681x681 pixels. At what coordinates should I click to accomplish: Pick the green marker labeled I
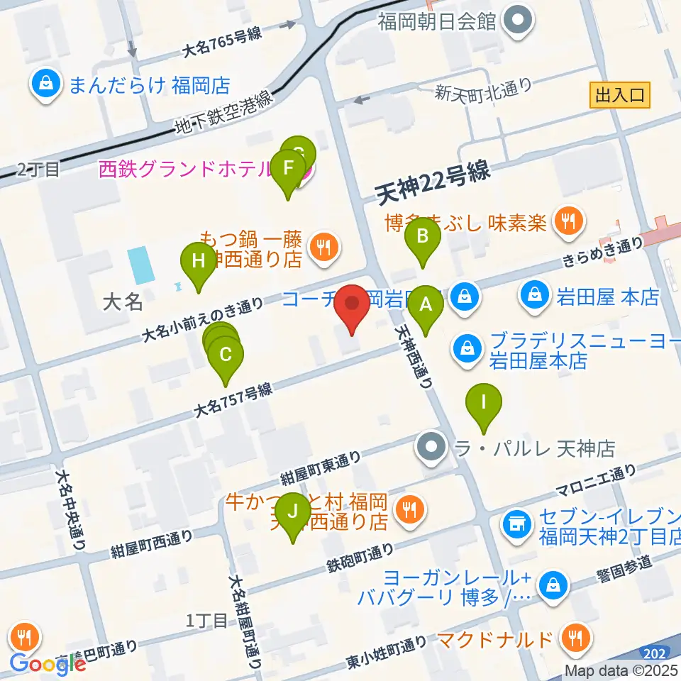[x=484, y=403]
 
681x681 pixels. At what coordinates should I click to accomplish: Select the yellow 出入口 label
[x=620, y=95]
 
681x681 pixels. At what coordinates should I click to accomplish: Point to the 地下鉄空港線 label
[x=224, y=113]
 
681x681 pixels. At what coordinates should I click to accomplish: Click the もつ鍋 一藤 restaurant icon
[x=326, y=248]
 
